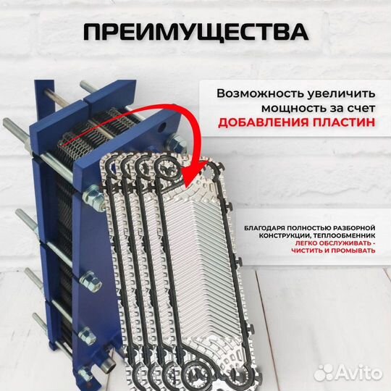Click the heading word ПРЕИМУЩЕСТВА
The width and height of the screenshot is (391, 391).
195,32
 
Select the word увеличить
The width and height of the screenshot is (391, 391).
340,95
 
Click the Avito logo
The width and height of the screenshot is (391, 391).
355,372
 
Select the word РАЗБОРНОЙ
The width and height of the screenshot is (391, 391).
354,224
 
